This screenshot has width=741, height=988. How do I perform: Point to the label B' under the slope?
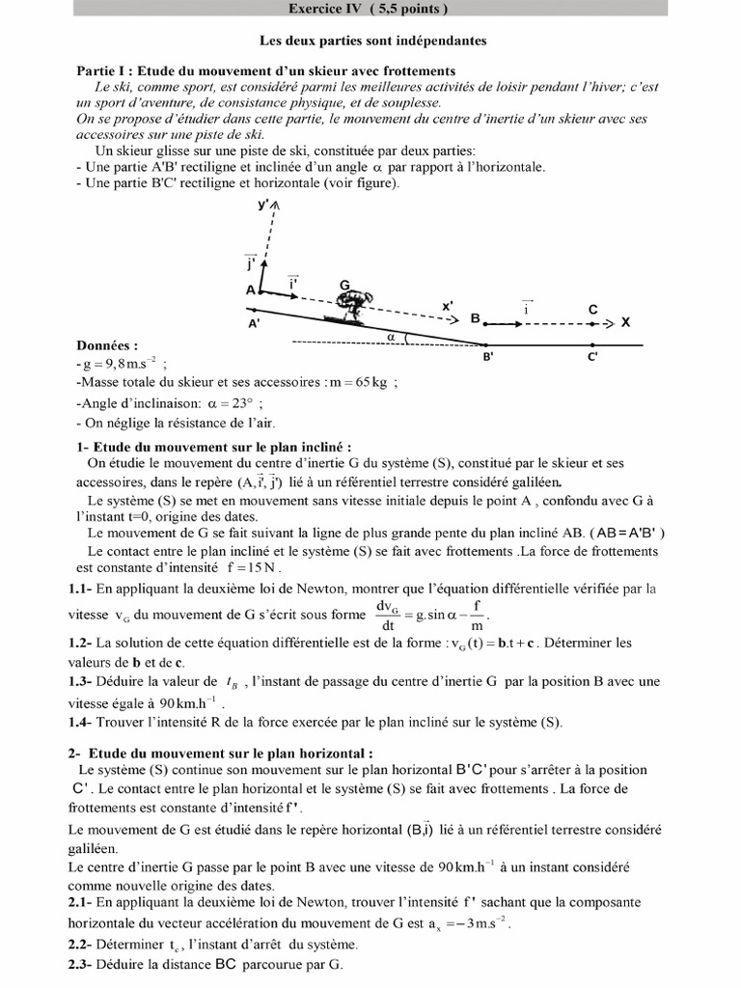pos(488,356)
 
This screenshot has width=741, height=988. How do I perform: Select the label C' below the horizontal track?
pos(592,356)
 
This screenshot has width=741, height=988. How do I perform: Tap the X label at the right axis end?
pos(625,323)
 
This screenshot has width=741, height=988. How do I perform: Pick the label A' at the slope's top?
pos(255,325)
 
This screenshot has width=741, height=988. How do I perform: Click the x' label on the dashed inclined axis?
pos(448,306)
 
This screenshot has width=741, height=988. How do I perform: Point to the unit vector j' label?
pos(250,262)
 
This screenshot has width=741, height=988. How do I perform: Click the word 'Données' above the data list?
pos(106,344)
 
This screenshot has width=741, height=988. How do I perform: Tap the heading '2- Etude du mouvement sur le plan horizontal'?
pos(221,753)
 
